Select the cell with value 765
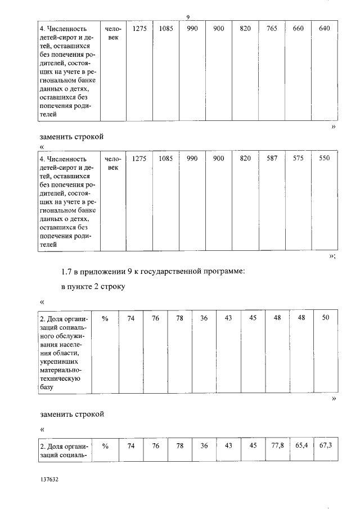[272, 29]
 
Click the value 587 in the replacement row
[272, 159]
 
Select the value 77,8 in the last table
[277, 446]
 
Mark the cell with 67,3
[326, 446]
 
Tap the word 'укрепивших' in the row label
[62, 361]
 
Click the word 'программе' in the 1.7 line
[223, 272]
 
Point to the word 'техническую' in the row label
[63, 379]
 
